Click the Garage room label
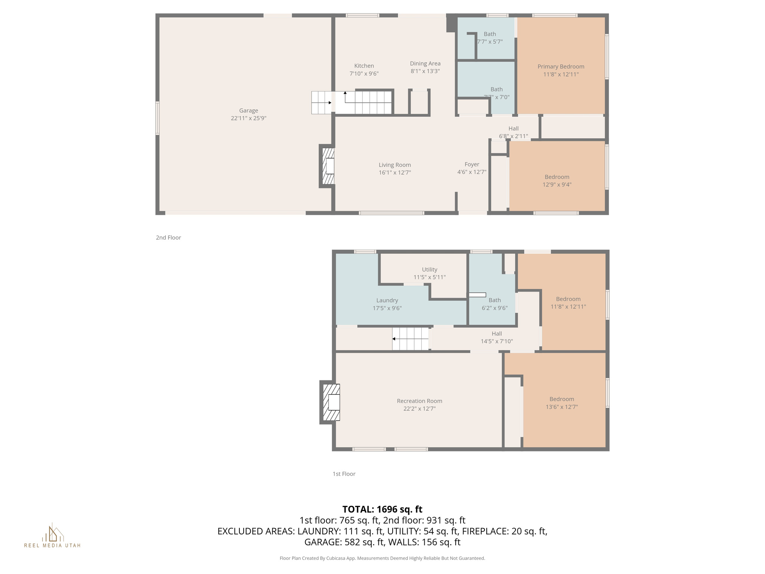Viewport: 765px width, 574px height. [x=248, y=111]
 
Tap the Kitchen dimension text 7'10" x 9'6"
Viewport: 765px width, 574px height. [x=364, y=74]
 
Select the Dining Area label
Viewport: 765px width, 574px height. [x=425, y=64]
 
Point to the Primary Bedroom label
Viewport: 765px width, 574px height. [x=561, y=67]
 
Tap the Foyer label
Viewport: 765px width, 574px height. [x=472, y=164]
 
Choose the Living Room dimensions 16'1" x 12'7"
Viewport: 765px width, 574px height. [x=394, y=173]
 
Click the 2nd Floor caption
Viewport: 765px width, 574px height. [x=168, y=238]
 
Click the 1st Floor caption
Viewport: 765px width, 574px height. [x=344, y=474]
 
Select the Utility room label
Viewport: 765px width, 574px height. [x=430, y=269]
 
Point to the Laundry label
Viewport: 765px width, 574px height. [x=387, y=300]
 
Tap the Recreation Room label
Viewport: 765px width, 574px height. [x=419, y=401]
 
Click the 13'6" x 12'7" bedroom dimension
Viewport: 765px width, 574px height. [x=561, y=407]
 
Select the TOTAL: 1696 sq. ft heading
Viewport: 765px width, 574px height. [x=382, y=509]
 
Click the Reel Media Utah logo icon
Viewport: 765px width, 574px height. [x=52, y=533]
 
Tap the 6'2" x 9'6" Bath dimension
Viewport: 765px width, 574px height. [x=495, y=308]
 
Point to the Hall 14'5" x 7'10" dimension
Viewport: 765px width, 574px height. [x=496, y=342]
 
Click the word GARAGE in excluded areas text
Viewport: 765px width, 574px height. [x=321, y=542]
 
